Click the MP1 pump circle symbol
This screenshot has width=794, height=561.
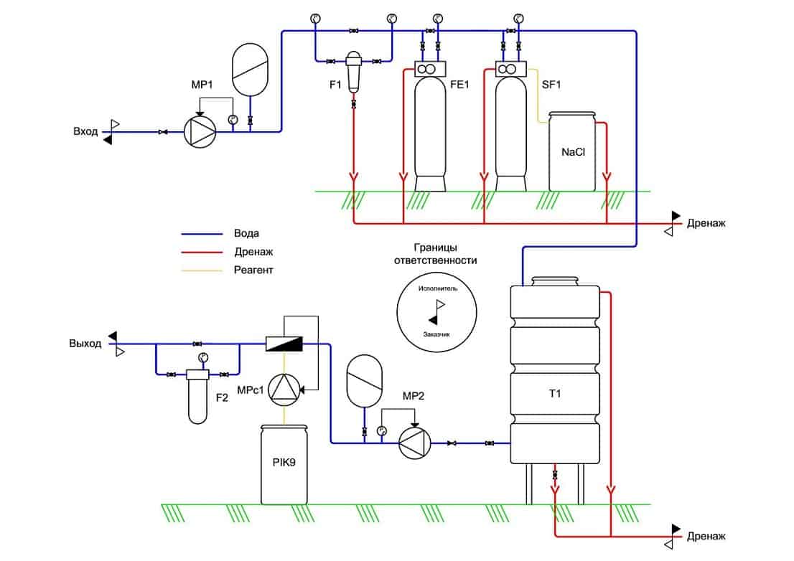point(200,131)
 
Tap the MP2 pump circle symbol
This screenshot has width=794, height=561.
point(415,443)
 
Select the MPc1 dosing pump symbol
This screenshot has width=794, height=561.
point(284,390)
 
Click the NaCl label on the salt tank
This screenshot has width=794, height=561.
point(573,152)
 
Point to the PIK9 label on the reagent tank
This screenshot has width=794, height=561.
point(284,462)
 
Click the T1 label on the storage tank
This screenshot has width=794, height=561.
point(555,393)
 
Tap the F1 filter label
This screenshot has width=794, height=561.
point(335,85)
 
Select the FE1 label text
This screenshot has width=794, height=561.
point(459,85)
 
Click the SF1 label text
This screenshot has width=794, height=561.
point(551,85)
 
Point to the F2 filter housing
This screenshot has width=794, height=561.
point(197,397)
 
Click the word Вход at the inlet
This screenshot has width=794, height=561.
point(85,131)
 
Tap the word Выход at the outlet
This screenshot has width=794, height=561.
point(85,344)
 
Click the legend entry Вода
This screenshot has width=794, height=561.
point(246,233)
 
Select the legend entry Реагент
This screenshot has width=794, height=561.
point(253,270)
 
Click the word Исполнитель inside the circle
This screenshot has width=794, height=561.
point(437,288)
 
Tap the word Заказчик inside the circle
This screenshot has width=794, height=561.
point(436,334)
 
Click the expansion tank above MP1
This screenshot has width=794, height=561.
point(250,70)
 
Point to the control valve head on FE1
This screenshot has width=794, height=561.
point(430,70)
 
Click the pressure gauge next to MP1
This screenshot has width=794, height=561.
point(233,120)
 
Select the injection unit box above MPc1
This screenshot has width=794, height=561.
point(284,344)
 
